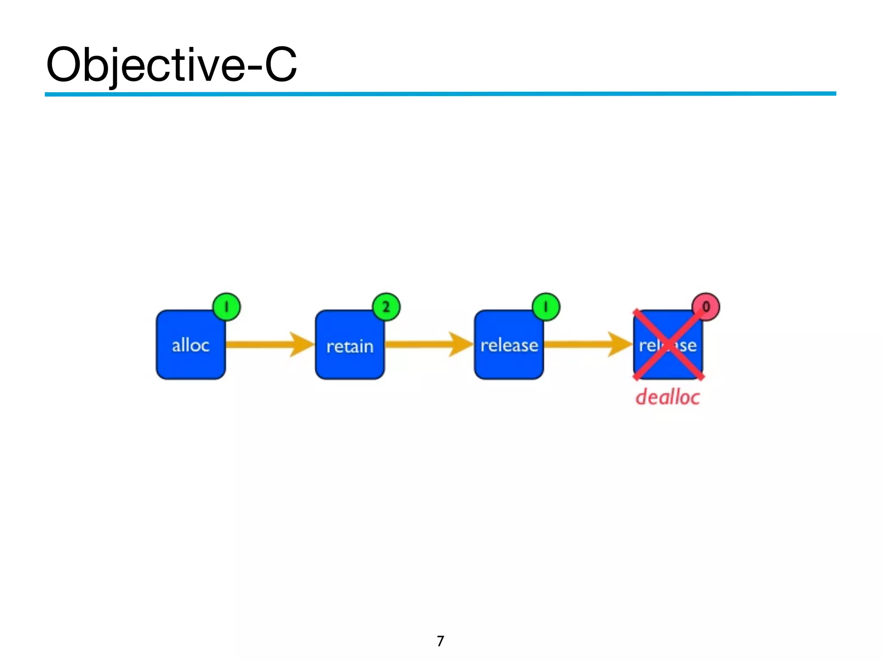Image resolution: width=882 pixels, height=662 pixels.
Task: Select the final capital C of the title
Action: pyautogui.click(x=280, y=65)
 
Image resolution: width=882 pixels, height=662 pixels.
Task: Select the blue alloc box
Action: pyautogui.click(x=190, y=345)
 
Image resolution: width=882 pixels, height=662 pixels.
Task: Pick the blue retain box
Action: pyautogui.click(x=350, y=345)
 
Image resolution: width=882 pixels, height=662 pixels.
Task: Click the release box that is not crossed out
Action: pyautogui.click(x=509, y=345)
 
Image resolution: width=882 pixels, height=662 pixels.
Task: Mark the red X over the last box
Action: pyautogui.click(x=668, y=345)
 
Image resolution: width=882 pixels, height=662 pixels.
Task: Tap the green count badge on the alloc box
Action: pyautogui.click(x=227, y=307)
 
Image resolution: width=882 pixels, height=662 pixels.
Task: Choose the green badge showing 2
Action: pyautogui.click(x=386, y=307)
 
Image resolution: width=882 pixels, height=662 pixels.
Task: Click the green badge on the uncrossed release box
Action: pyautogui.click(x=546, y=307)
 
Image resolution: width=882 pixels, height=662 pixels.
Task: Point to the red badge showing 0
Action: pyautogui.click(x=705, y=307)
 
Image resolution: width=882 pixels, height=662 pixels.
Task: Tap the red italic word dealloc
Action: pyautogui.click(x=668, y=397)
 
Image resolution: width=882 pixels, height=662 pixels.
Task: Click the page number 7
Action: pyautogui.click(x=440, y=641)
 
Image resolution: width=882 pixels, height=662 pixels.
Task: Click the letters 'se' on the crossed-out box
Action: pyautogui.click(x=687, y=346)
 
